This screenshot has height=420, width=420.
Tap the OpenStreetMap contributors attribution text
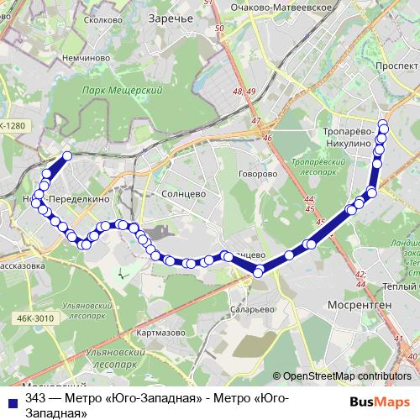(347, 376)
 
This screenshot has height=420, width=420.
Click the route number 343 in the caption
(35, 398)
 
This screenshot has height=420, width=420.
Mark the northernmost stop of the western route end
(67, 155)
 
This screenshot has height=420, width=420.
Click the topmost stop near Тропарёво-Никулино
(384, 124)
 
